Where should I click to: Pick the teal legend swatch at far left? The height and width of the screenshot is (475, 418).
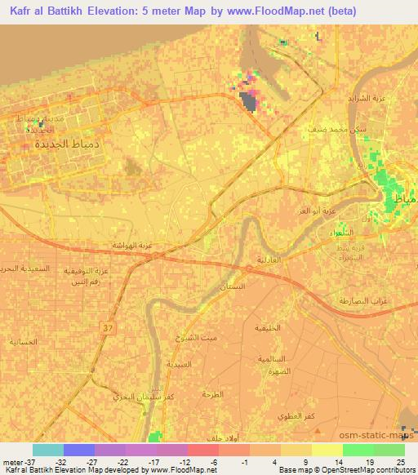[x=47, y=450]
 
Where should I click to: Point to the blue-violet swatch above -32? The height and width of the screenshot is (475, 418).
[x=79, y=450]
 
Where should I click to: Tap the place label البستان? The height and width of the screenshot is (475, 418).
[x=238, y=287]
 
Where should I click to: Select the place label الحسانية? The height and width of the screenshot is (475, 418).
[x=24, y=342]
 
